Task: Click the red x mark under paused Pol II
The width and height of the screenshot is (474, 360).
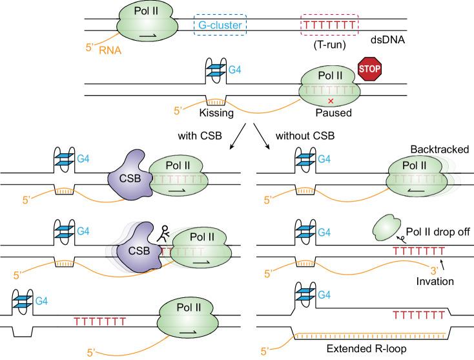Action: [331, 101]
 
